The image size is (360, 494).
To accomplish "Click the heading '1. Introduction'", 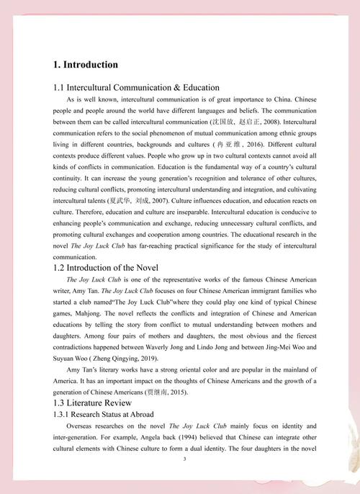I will coord(86,65).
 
